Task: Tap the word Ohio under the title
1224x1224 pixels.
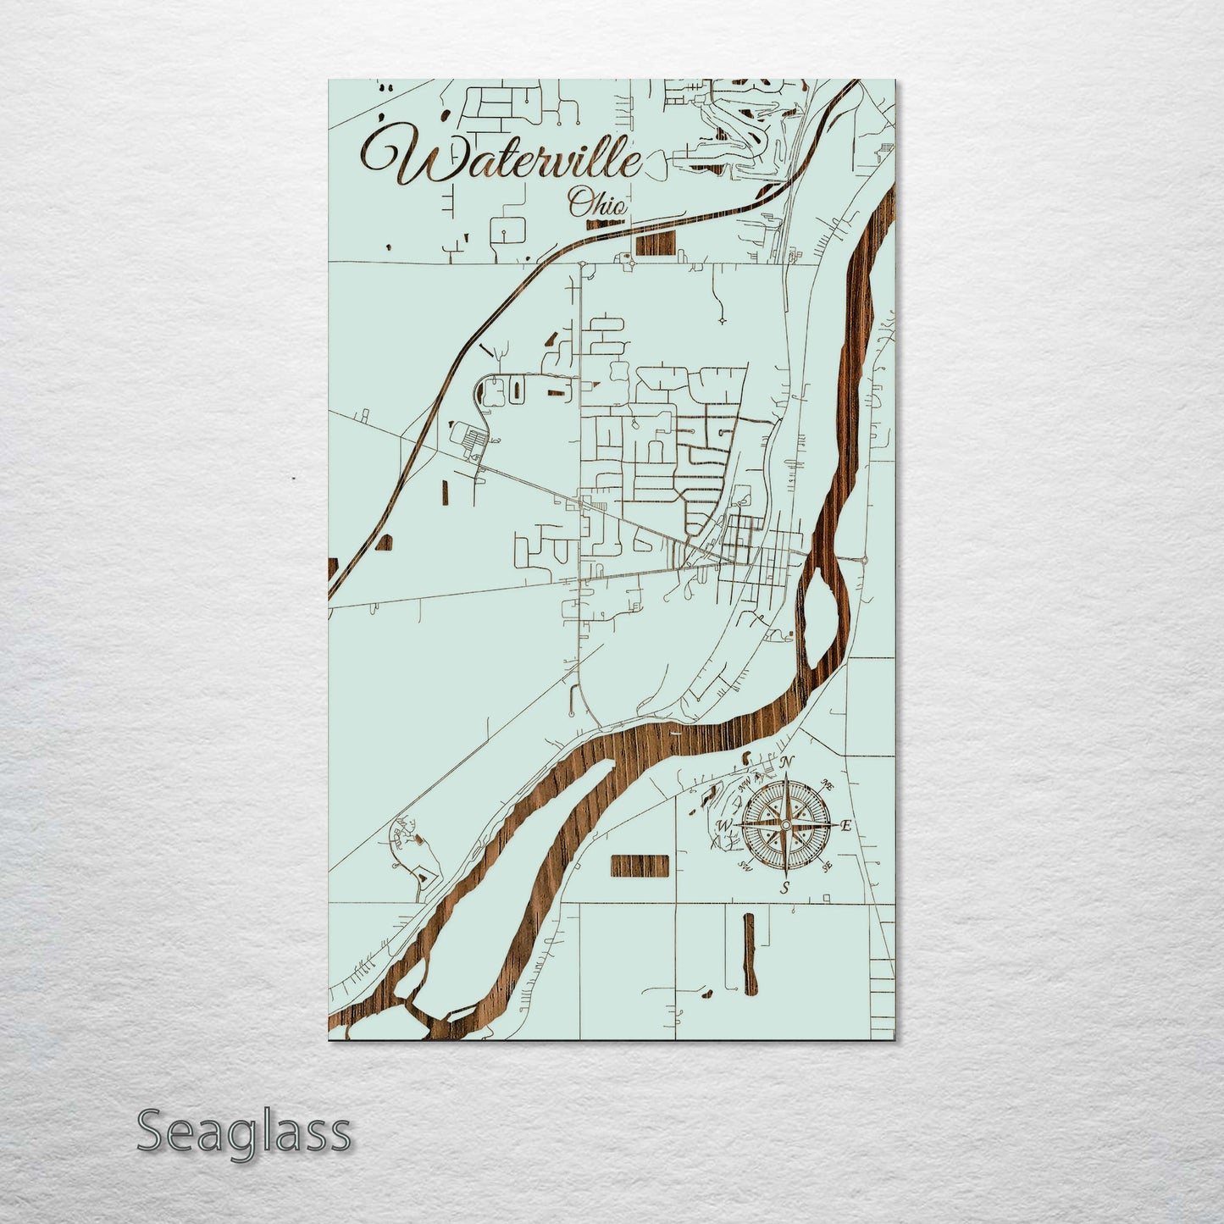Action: pyautogui.click(x=597, y=203)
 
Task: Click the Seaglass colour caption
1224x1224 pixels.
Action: pyautogui.click(x=243, y=1132)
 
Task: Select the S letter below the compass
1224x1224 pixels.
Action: pyautogui.click(x=785, y=888)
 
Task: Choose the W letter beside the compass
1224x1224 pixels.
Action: pyautogui.click(x=725, y=826)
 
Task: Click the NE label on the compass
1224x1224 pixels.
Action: pyautogui.click(x=829, y=787)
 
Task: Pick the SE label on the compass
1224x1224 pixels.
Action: pyautogui.click(x=828, y=866)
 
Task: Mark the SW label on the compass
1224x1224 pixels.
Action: pyautogui.click(x=746, y=866)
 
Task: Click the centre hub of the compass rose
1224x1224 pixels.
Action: pyautogui.click(x=786, y=825)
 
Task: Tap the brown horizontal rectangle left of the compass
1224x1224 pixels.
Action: pyautogui.click(x=640, y=866)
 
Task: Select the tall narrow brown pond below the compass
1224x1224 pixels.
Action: pyautogui.click(x=749, y=954)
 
